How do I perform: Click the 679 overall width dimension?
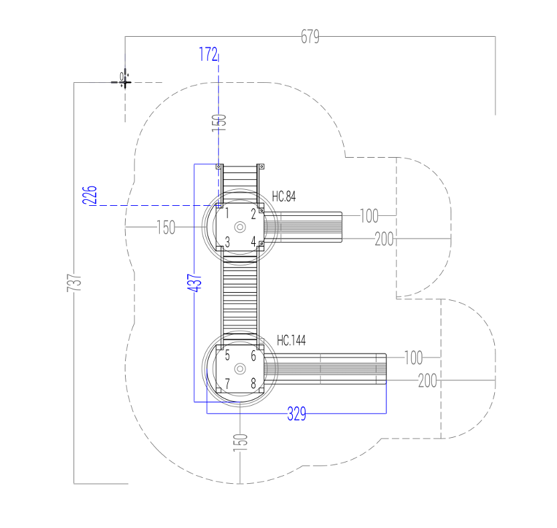point(310,37)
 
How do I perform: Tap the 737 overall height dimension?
point(74,283)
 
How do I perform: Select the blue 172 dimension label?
point(208,54)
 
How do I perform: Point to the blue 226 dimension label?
point(90,195)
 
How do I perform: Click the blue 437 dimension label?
point(195,283)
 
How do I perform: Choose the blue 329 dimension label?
point(297,414)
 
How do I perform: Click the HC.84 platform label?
point(284,196)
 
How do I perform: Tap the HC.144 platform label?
point(292,340)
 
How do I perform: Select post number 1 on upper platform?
point(227,213)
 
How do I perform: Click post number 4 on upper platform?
point(253,241)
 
